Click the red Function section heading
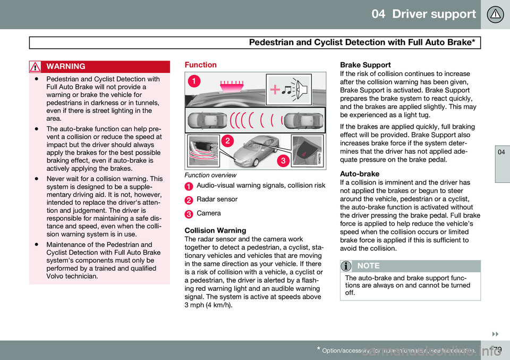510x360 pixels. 200,64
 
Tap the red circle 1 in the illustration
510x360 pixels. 196,81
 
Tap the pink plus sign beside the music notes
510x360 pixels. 275,90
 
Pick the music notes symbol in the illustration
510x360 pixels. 287,90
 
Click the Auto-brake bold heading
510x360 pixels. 359,174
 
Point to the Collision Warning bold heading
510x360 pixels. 215,231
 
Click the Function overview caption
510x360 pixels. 209,174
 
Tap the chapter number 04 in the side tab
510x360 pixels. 495,152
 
